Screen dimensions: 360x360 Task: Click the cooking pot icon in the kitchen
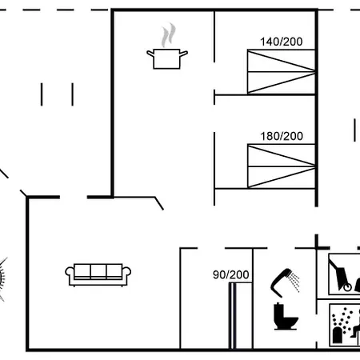(167, 58)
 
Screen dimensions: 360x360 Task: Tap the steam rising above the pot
(169, 35)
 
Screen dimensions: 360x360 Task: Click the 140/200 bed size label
(282, 42)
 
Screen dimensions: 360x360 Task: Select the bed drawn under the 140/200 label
(282, 72)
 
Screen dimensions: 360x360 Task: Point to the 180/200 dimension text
(282, 136)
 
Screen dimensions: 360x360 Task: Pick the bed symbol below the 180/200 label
(282, 166)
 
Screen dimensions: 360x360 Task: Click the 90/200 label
(231, 274)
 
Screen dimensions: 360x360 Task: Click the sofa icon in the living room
(98, 275)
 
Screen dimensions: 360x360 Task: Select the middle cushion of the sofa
(98, 271)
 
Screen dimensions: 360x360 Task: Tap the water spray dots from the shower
(294, 282)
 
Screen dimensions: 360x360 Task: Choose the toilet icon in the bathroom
(285, 317)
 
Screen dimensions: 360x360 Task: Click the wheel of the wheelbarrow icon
(347, 287)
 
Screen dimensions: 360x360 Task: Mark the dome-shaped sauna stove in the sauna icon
(338, 335)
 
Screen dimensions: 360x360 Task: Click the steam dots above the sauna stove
(342, 319)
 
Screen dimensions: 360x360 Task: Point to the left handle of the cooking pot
(150, 54)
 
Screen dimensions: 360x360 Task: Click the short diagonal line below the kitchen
(159, 203)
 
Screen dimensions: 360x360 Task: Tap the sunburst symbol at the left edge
(2, 278)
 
